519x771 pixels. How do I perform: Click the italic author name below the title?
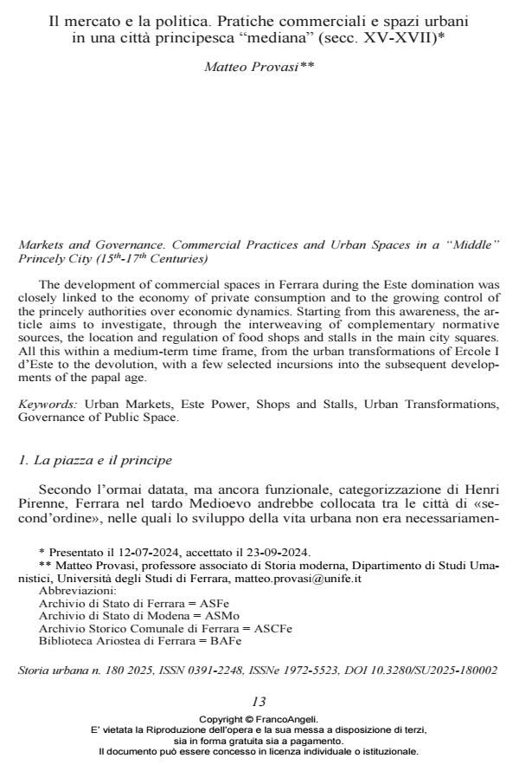(259, 67)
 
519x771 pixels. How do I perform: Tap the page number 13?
(259, 701)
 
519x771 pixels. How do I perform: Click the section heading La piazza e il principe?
(97, 460)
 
